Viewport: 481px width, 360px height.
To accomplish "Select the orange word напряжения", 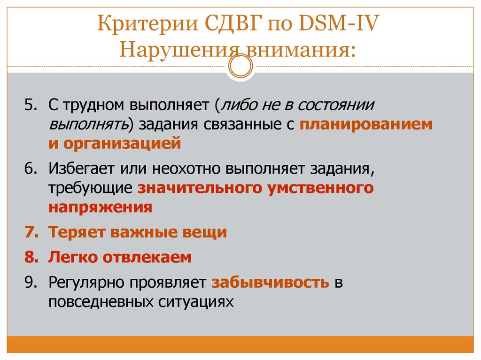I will pos(100,207).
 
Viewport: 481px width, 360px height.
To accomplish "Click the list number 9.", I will pos(31,283).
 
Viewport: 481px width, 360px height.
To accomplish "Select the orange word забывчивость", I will pos(270,283).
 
